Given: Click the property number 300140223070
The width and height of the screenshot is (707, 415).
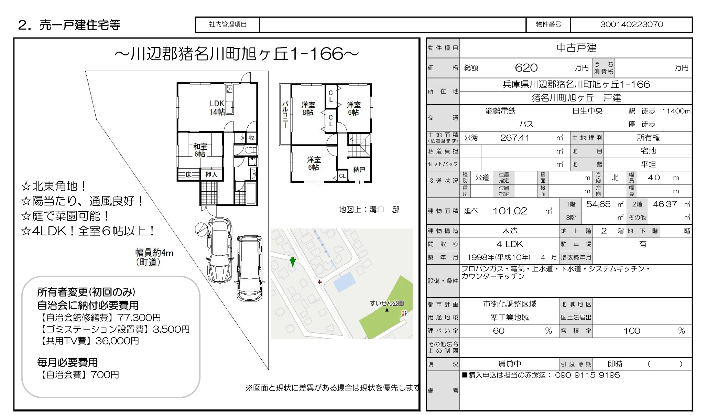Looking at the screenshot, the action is pyautogui.click(x=631, y=24).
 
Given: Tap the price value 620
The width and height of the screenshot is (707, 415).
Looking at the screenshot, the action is pyautogui.click(x=526, y=68).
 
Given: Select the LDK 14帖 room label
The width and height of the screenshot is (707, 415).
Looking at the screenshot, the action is pyautogui.click(x=217, y=108).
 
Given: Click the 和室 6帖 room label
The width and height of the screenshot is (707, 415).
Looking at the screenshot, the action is pyautogui.click(x=200, y=150).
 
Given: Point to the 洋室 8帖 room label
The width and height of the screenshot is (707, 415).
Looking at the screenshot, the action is pyautogui.click(x=308, y=108).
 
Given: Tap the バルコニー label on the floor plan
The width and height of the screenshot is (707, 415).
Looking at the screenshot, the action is pyautogui.click(x=285, y=115).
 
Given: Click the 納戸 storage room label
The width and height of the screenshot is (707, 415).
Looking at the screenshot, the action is pyautogui.click(x=359, y=169).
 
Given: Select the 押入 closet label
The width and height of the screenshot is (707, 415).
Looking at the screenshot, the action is pyautogui.click(x=211, y=174).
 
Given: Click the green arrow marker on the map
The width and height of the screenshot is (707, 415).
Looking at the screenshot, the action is pyautogui.click(x=293, y=262).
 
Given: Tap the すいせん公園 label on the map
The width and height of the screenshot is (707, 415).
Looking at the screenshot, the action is pyautogui.click(x=387, y=303).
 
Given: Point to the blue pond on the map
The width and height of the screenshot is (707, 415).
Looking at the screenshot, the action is pyautogui.click(x=344, y=282).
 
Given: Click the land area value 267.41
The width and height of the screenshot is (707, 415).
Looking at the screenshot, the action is pyautogui.click(x=514, y=138).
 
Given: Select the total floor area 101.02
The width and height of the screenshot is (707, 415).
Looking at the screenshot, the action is pyautogui.click(x=510, y=211).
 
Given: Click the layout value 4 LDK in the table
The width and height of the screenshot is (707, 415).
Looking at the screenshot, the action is pyautogui.click(x=510, y=244).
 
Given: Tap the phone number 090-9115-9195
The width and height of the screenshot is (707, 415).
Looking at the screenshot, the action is pyautogui.click(x=587, y=375).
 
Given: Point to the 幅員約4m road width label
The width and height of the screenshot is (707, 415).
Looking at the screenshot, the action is pyautogui.click(x=154, y=253).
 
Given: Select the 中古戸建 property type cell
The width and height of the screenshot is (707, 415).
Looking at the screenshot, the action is pyautogui.click(x=576, y=48).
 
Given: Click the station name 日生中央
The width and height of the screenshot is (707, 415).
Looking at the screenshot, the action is pyautogui.click(x=587, y=111).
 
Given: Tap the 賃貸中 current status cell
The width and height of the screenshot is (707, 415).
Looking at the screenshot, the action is pyautogui.click(x=510, y=364).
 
